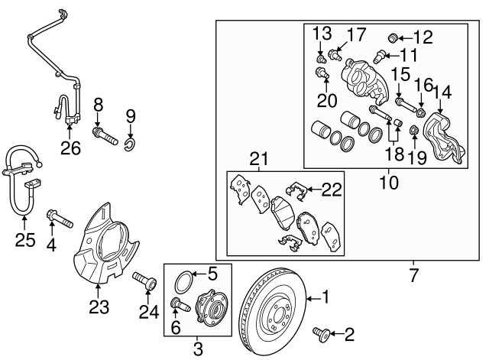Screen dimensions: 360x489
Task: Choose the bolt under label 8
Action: pyautogui.click(x=104, y=138)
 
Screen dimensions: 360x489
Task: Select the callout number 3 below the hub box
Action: pyautogui.click(x=197, y=350)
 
